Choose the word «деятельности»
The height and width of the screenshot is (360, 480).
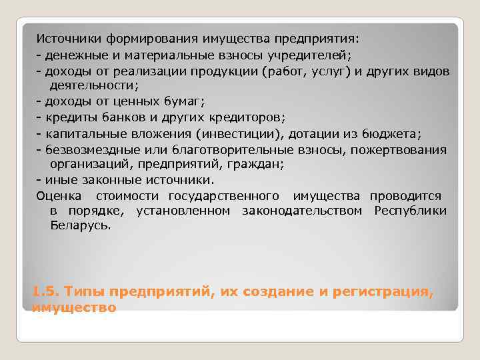[x=90, y=86]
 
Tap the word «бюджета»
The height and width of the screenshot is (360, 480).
[x=399, y=133]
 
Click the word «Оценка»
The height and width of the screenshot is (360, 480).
[x=60, y=196]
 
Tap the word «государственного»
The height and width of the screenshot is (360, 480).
[x=223, y=196]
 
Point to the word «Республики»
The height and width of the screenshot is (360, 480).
[x=410, y=211]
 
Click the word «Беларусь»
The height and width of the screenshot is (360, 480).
[x=81, y=226]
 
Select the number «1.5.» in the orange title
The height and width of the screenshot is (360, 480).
[x=45, y=292]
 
